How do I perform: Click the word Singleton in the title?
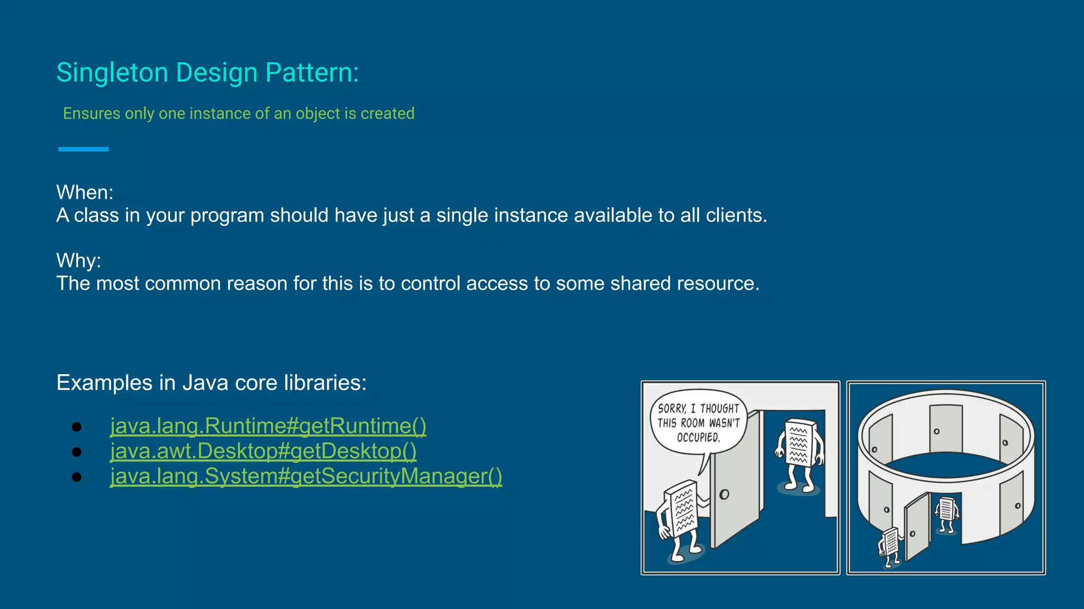pyautogui.click(x=112, y=72)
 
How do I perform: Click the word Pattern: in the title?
pyautogui.click(x=311, y=72)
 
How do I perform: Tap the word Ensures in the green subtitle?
pyautogui.click(x=91, y=114)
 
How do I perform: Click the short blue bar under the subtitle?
pyautogui.click(x=83, y=149)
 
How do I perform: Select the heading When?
pyautogui.click(x=85, y=192)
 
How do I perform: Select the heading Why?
pyautogui.click(x=78, y=261)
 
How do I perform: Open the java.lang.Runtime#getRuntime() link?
pyautogui.click(x=268, y=426)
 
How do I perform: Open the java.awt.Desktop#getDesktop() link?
pyautogui.click(x=263, y=451)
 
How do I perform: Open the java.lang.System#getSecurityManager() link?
pyautogui.click(x=306, y=476)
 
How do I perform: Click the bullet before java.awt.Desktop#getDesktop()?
pyautogui.click(x=77, y=451)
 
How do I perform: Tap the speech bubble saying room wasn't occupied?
pyautogui.click(x=698, y=422)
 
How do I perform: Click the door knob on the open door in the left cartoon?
pyautogui.click(x=724, y=494)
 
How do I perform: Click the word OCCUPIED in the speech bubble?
pyautogui.click(x=698, y=437)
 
